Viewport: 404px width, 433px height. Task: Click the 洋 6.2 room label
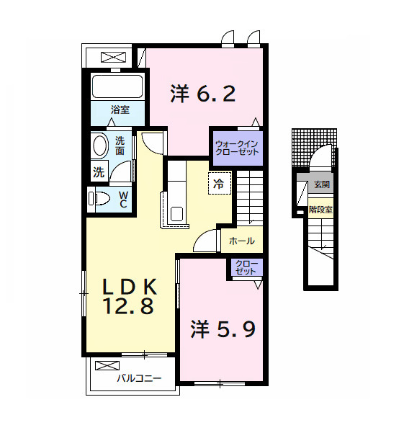tap(202, 94)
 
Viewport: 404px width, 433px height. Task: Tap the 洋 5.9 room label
tap(223, 329)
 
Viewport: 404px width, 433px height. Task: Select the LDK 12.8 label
tap(130, 295)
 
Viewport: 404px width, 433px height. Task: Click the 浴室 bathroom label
tap(120, 110)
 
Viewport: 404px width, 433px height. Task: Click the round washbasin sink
tap(99, 146)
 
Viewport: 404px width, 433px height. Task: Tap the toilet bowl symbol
tap(99, 198)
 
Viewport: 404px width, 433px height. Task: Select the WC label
tap(122, 199)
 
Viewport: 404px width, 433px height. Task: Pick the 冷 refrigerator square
tap(217, 183)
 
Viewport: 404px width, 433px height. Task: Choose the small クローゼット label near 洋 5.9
tap(246, 269)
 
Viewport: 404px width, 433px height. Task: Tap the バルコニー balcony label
tap(139, 378)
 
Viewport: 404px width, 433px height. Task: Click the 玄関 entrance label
tap(321, 184)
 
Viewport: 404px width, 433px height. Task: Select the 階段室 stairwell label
tap(320, 210)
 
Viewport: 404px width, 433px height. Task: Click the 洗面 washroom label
tap(120, 146)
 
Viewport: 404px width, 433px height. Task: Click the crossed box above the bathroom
tap(112, 57)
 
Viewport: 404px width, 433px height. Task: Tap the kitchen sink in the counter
tap(176, 214)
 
